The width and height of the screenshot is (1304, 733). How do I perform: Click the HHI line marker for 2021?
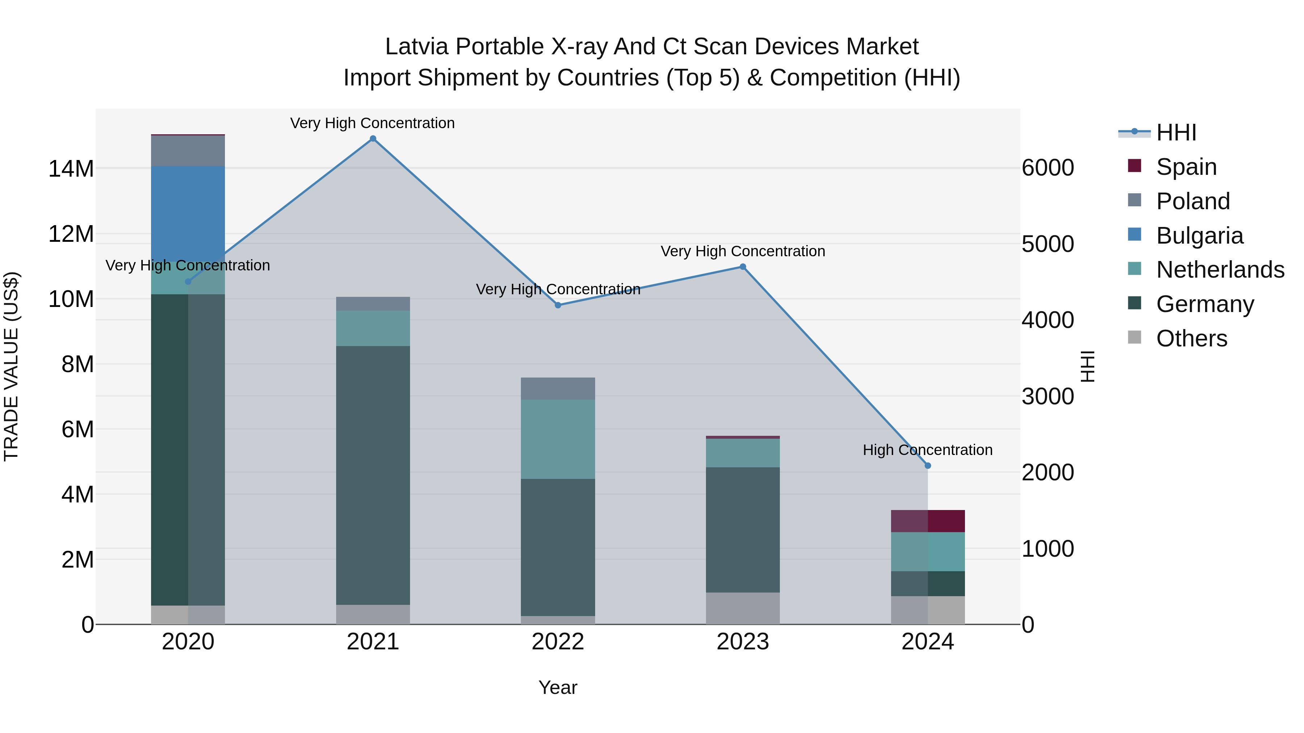pos(373,139)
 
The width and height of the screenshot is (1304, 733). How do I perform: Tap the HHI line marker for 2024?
pos(927,466)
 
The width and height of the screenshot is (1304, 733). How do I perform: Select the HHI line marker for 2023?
pos(743,266)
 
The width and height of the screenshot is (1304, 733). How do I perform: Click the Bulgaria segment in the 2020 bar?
pos(188,214)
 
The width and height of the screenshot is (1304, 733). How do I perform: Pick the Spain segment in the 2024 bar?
pos(927,521)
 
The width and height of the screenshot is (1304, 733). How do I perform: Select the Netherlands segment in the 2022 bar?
pos(558,439)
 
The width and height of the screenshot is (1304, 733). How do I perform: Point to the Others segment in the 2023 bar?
pos(743,608)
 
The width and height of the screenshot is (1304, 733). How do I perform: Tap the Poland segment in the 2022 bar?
pos(558,388)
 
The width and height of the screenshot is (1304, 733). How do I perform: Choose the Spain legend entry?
pos(1186,167)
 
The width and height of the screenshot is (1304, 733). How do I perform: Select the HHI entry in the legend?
pos(1175,132)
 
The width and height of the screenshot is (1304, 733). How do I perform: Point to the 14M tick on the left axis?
pos(71,168)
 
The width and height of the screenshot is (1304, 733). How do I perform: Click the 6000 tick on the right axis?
pos(1047,168)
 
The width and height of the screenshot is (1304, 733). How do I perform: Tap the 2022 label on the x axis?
pos(558,642)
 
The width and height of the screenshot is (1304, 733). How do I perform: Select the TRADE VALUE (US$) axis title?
pos(11,366)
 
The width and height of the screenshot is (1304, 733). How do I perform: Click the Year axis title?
pos(558,687)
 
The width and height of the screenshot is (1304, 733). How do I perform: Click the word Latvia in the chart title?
pos(417,47)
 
